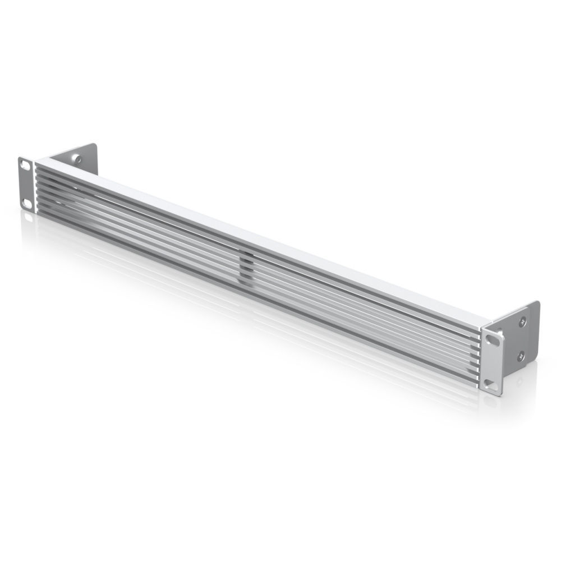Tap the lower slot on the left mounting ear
point(26,201)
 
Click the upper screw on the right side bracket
point(523,320)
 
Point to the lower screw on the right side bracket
point(521,354)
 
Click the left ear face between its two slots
point(26,183)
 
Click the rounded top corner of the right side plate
point(536,304)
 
